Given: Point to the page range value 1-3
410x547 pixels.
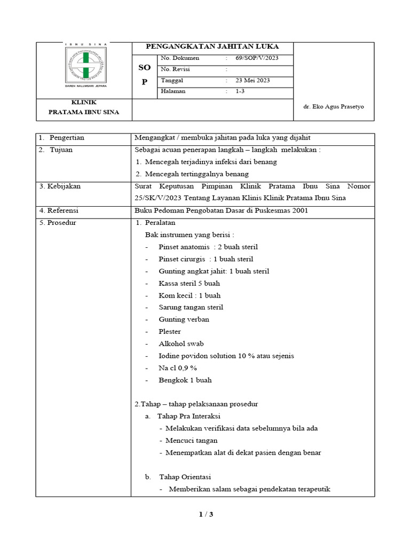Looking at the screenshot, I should click(x=241, y=91).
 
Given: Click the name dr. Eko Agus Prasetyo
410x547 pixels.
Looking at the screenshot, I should click(x=333, y=106).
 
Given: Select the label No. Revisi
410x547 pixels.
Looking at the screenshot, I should click(x=175, y=69).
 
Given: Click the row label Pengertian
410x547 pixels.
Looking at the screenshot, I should click(x=67, y=138).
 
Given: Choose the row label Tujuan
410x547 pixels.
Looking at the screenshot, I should click(x=61, y=150).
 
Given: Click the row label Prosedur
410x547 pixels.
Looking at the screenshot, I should click(x=58, y=222).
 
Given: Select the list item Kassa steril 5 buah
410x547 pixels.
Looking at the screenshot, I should click(x=189, y=283).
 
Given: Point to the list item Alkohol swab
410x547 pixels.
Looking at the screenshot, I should click(x=181, y=343).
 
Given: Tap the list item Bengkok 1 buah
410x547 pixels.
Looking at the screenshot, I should click(x=185, y=380).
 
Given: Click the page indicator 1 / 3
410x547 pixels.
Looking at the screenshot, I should click(x=206, y=514).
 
